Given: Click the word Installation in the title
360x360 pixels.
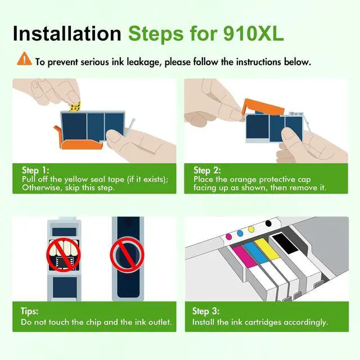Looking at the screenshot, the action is (67, 34).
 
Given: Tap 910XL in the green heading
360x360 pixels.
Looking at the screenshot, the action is (254, 34).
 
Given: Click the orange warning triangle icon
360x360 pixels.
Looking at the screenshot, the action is (24, 58).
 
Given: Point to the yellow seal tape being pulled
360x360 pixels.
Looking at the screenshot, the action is (75, 107).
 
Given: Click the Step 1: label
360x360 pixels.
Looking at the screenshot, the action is (35, 170).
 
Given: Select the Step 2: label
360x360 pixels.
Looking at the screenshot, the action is (207, 170).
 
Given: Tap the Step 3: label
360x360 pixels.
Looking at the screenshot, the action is (206, 311).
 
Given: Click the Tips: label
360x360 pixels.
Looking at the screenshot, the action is (30, 311).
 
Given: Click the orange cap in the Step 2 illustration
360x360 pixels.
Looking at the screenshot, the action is (263, 107).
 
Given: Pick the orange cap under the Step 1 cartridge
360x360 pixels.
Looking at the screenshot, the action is (79, 140).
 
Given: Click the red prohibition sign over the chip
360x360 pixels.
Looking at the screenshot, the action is (64, 255).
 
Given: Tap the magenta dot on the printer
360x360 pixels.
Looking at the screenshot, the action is (229, 236).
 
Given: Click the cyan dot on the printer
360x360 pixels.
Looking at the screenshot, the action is (240, 233).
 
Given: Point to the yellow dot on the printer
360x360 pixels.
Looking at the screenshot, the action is (251, 229).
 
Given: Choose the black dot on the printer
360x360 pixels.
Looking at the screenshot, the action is (268, 223).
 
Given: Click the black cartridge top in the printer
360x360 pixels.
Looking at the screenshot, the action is (285, 244).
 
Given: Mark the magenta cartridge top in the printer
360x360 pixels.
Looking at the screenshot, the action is (245, 256).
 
